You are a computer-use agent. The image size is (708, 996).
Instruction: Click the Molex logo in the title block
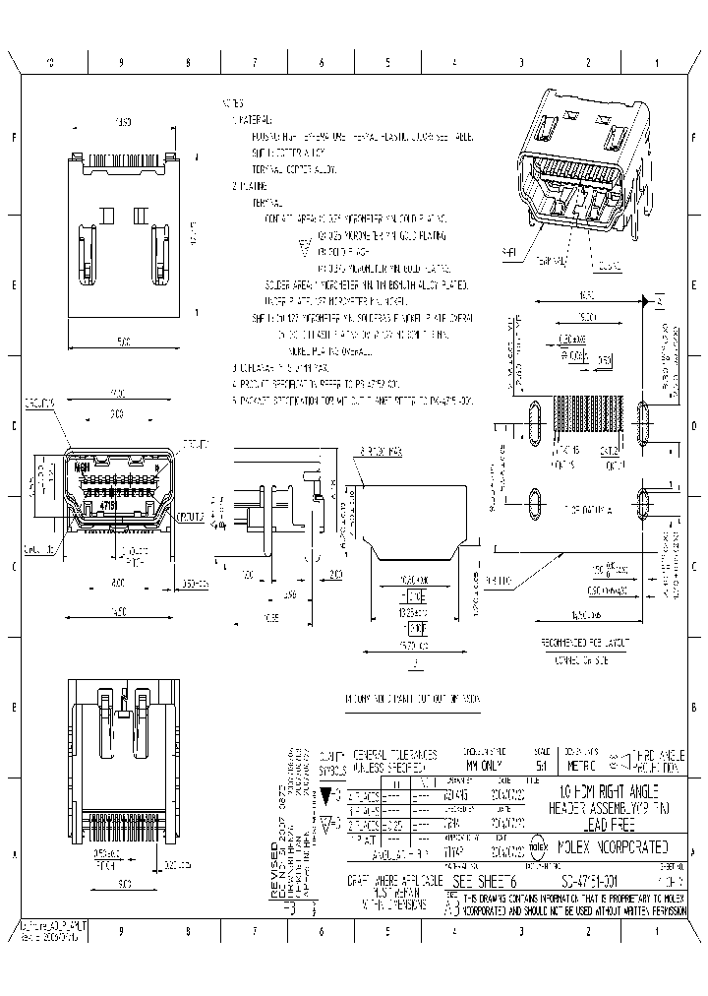click(x=540, y=845)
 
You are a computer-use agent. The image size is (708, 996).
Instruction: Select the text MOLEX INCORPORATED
click(x=614, y=845)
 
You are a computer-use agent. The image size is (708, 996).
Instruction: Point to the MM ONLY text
click(x=487, y=763)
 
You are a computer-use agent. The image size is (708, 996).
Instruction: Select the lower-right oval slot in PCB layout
click(x=644, y=505)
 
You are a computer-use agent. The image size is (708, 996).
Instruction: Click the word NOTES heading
click(x=233, y=102)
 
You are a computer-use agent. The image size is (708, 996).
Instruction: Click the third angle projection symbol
click(x=620, y=757)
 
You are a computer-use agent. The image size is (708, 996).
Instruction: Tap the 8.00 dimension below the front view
click(x=117, y=583)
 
